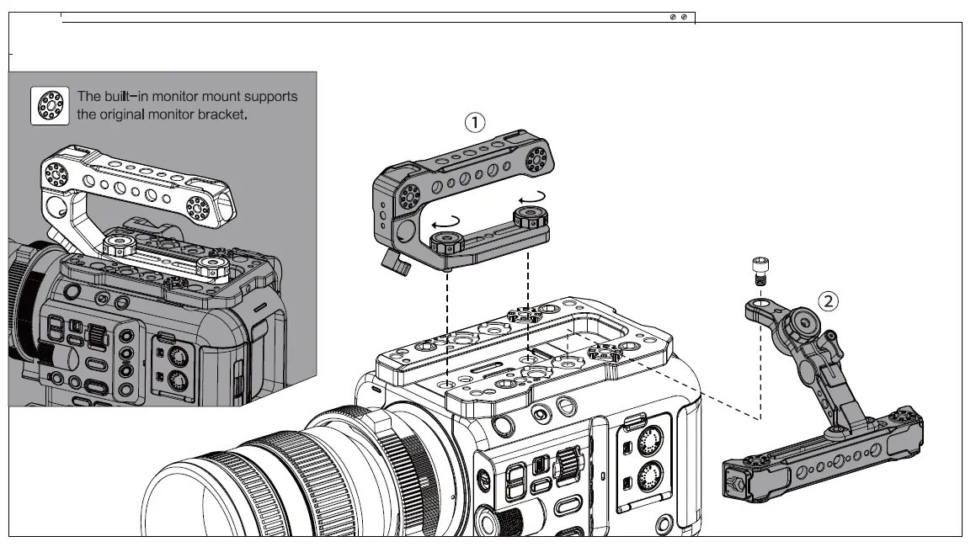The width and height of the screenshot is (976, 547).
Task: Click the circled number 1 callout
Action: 476,122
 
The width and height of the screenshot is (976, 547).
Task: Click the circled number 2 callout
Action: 829,300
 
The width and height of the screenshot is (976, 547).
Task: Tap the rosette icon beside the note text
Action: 50,105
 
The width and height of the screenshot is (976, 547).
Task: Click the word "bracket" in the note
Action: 221,114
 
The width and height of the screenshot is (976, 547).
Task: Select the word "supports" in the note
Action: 268,97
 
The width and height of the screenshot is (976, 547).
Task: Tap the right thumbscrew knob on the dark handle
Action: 529,220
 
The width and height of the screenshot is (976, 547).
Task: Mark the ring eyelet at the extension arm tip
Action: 760,304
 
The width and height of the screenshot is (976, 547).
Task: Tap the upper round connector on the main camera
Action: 648,440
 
